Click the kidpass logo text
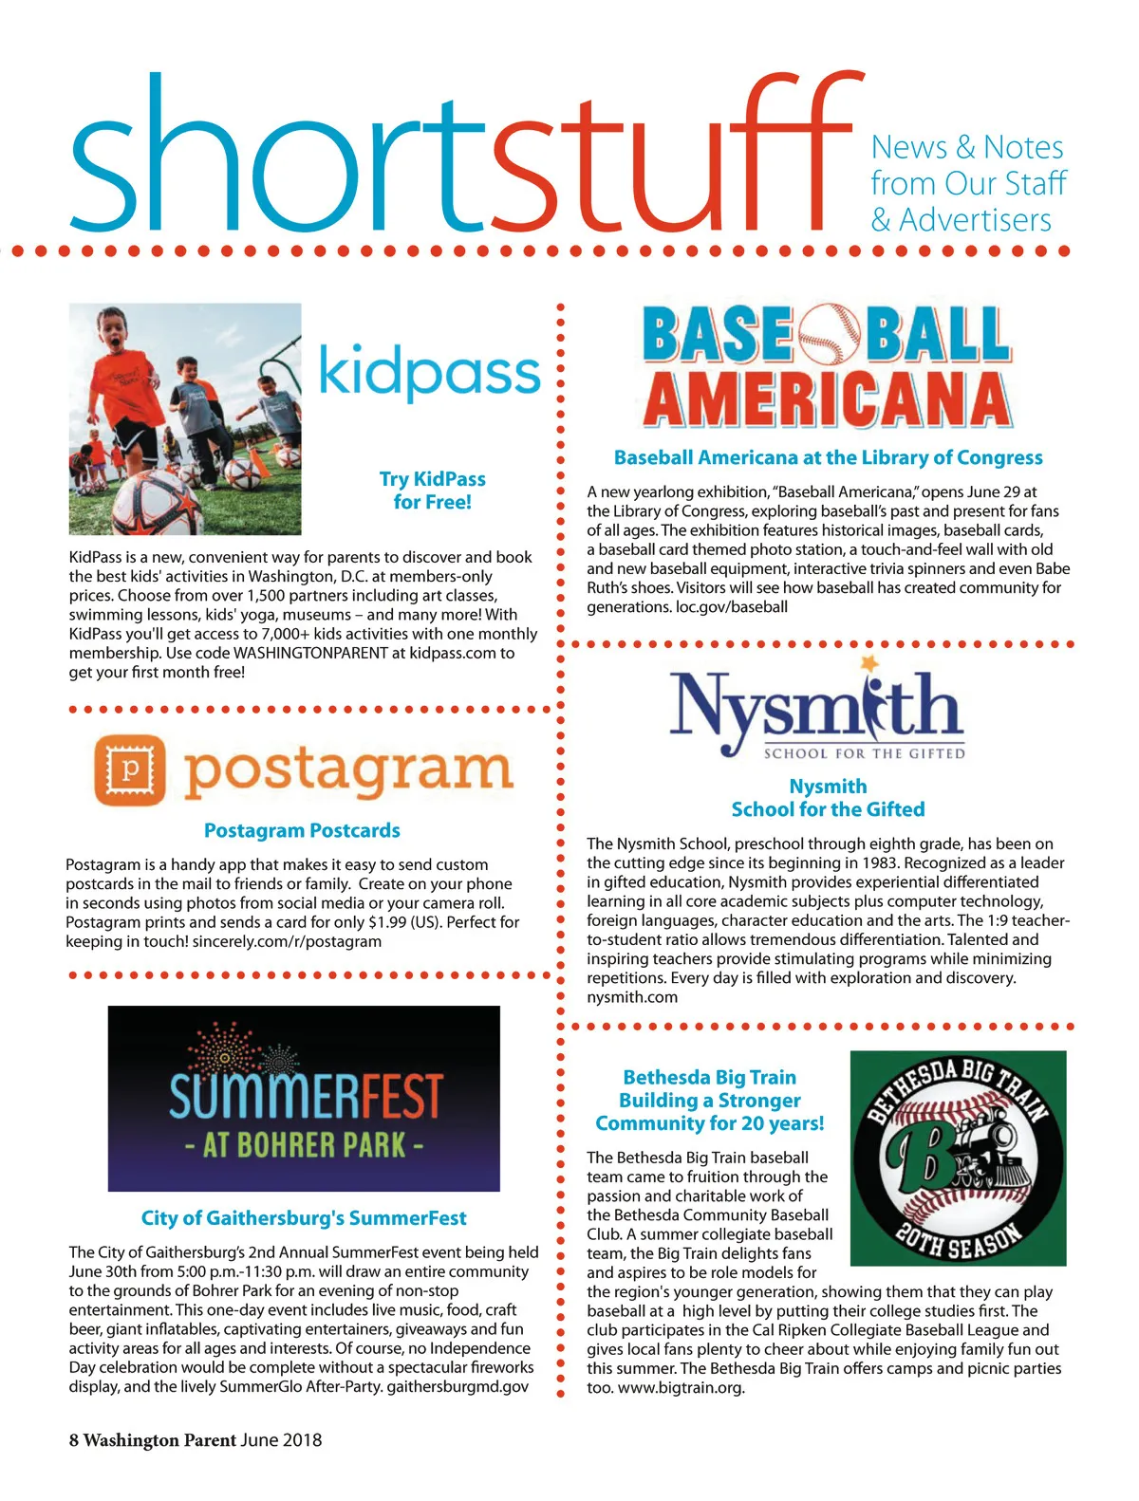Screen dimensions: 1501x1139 point(429,372)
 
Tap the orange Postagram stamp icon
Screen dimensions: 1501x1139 point(130,769)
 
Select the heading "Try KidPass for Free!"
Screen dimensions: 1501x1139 point(432,491)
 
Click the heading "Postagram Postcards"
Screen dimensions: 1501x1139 point(302,830)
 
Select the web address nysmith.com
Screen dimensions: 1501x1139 point(632,997)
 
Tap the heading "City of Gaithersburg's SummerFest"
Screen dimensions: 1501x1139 point(304,1218)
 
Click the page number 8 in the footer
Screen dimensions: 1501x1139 point(73,1440)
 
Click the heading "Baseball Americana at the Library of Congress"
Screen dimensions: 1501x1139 point(828,457)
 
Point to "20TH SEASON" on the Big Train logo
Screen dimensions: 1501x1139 point(959,1235)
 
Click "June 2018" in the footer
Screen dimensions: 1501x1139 point(281,1440)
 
